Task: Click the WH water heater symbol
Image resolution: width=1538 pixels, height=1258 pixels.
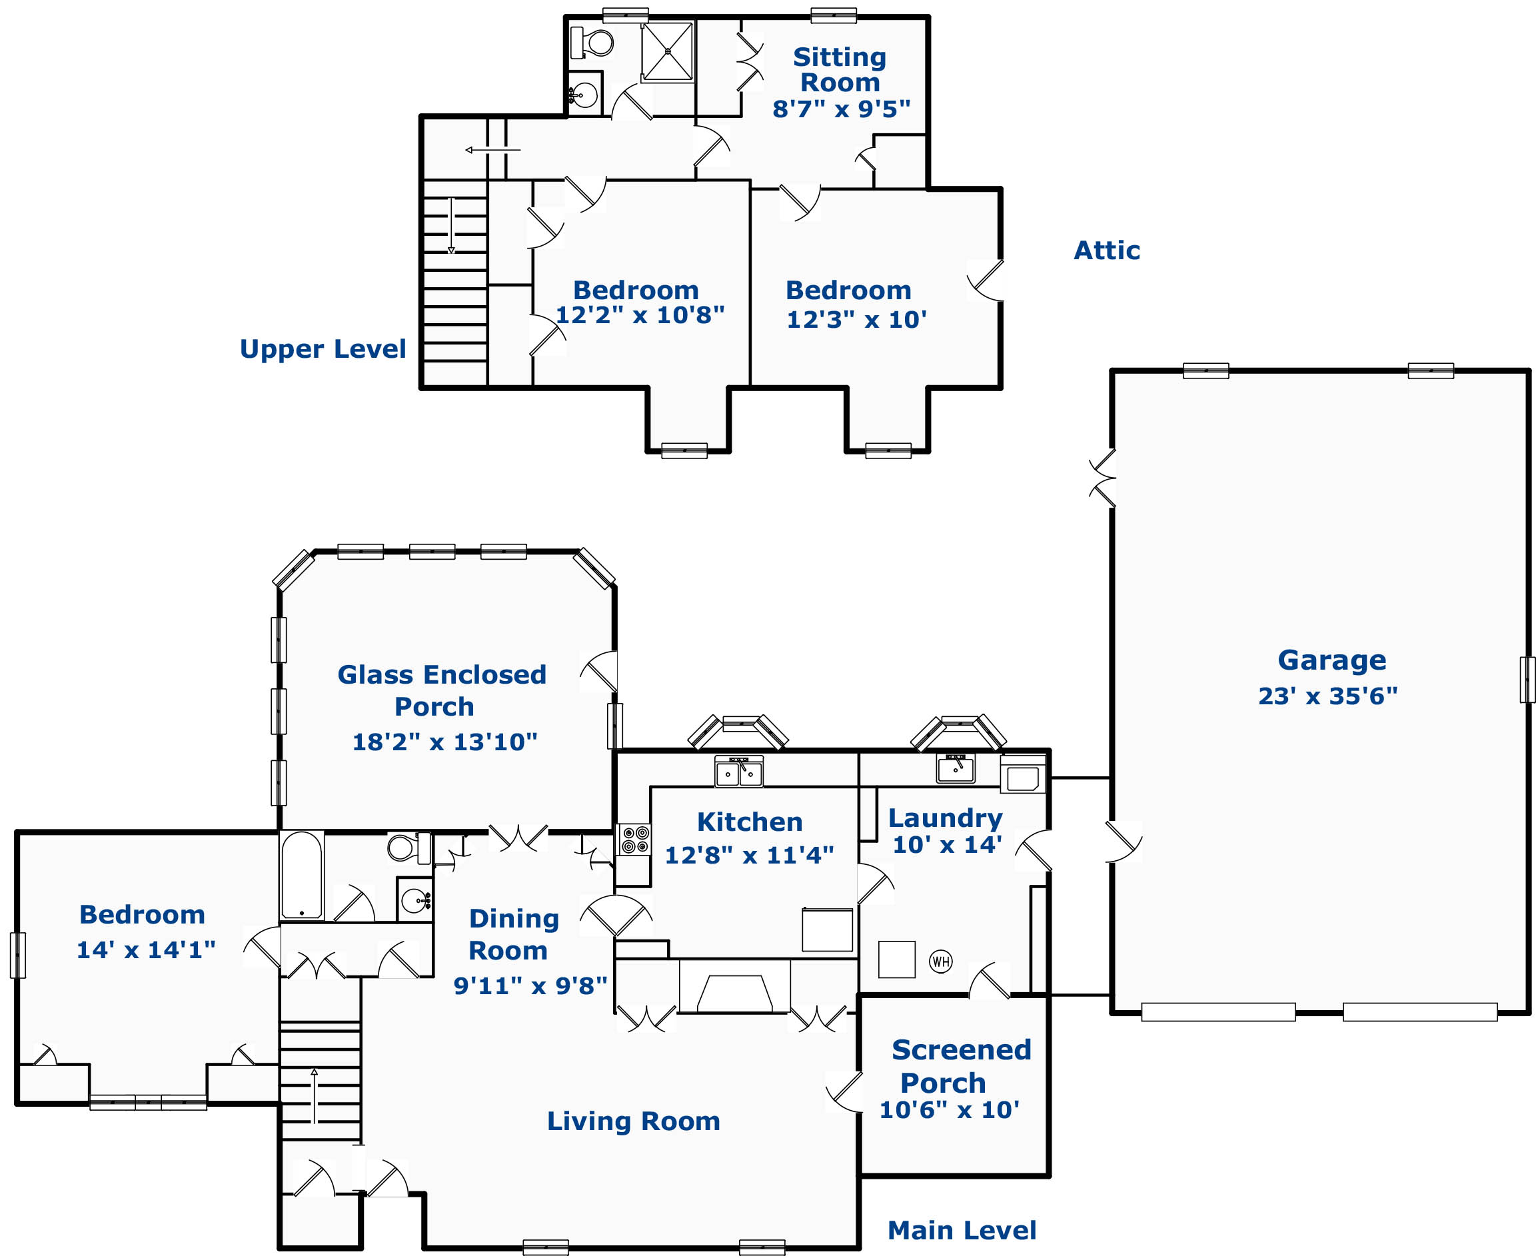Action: pyautogui.click(x=941, y=961)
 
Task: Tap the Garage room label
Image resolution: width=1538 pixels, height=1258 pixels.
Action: pyautogui.click(x=1331, y=661)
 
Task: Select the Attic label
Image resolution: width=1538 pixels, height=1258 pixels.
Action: pyautogui.click(x=1107, y=251)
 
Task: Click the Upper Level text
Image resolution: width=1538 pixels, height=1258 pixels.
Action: pyautogui.click(x=323, y=349)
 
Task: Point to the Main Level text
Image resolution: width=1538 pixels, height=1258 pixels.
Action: pyautogui.click(x=962, y=1231)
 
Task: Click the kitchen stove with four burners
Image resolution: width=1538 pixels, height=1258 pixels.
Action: pyautogui.click(x=635, y=840)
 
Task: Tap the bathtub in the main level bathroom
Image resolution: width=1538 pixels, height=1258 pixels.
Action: pyautogui.click(x=301, y=876)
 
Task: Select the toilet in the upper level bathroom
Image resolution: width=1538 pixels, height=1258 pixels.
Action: pyautogui.click(x=592, y=42)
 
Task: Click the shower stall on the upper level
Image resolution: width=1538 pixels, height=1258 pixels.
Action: pyautogui.click(x=668, y=51)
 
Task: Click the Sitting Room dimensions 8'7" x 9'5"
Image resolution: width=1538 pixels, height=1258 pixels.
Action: pyautogui.click(x=841, y=109)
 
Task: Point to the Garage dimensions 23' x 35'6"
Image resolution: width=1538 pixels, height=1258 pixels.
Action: pyautogui.click(x=1328, y=696)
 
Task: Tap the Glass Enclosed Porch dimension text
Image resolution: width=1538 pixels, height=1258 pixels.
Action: pyautogui.click(x=444, y=742)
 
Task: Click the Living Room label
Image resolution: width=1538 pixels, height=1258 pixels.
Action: pyautogui.click(x=634, y=1121)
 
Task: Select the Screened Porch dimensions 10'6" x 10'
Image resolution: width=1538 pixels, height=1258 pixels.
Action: pyautogui.click(x=949, y=1109)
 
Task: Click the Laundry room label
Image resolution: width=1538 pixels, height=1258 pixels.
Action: pyautogui.click(x=945, y=818)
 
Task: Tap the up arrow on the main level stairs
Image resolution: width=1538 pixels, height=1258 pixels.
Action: pyautogui.click(x=314, y=1095)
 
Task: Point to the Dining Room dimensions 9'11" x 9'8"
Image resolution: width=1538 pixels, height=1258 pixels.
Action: pyautogui.click(x=530, y=985)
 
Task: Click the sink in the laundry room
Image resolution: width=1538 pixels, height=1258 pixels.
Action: pyautogui.click(x=956, y=769)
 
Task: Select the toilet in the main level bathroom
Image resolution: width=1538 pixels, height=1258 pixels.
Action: pyautogui.click(x=410, y=847)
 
